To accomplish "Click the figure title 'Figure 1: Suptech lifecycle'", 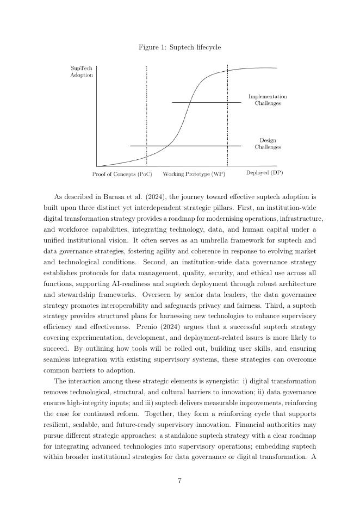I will coord(179,47).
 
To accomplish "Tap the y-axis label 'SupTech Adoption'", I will coord(82,72).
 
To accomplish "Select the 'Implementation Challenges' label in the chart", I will coord(268,100).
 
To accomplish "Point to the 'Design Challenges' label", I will coord(268,144).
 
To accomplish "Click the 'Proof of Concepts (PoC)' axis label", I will coord(122,175).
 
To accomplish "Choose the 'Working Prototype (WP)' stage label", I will coord(194,175).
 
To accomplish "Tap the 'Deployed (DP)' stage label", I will coord(264,173).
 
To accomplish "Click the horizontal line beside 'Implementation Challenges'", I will coord(207,102).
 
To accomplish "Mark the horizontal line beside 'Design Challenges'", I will coord(185,146).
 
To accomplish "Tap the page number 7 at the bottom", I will coord(179,480).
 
